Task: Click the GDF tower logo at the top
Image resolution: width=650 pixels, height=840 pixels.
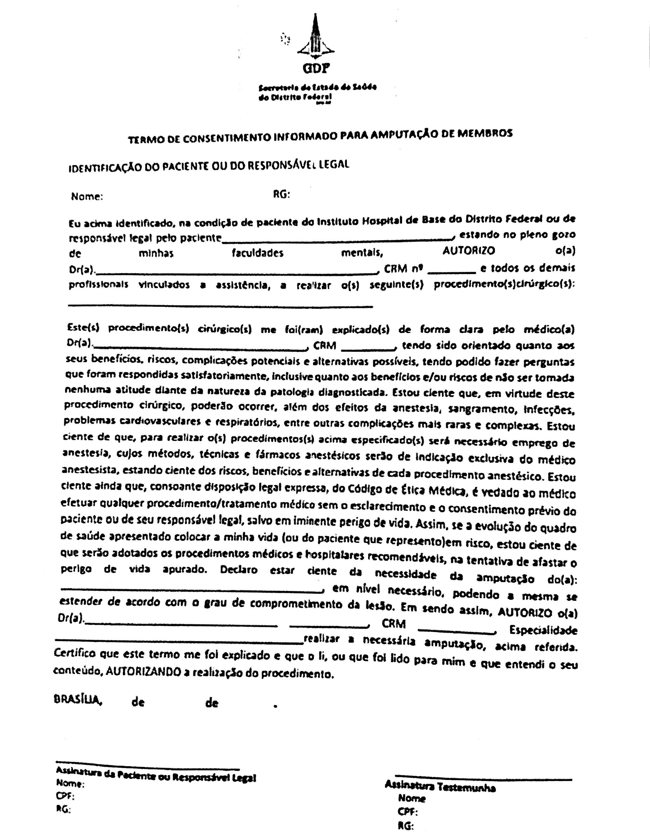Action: pyautogui.click(x=315, y=36)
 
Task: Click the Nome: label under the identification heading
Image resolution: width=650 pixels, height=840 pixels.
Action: pyautogui.click(x=87, y=197)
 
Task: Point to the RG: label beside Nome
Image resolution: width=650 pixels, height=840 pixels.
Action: pyautogui.click(x=281, y=195)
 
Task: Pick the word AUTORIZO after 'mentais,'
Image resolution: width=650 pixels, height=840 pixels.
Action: pyautogui.click(x=469, y=251)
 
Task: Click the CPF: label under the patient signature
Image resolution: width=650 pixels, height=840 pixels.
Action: pyautogui.click(x=65, y=796)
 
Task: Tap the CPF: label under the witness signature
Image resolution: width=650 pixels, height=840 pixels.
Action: pyautogui.click(x=408, y=812)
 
